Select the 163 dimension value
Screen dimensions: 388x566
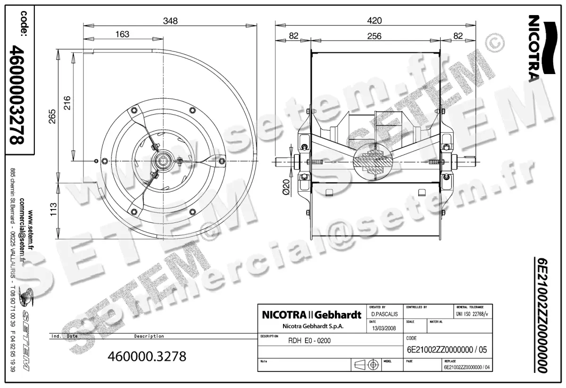coord(122,34)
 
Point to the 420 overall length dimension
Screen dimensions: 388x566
coord(375,21)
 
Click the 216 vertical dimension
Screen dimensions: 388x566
coord(67,102)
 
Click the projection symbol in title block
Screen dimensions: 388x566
coord(368,365)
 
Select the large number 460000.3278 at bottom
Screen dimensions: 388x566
coord(147,356)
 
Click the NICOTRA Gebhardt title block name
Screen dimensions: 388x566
coord(311,315)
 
